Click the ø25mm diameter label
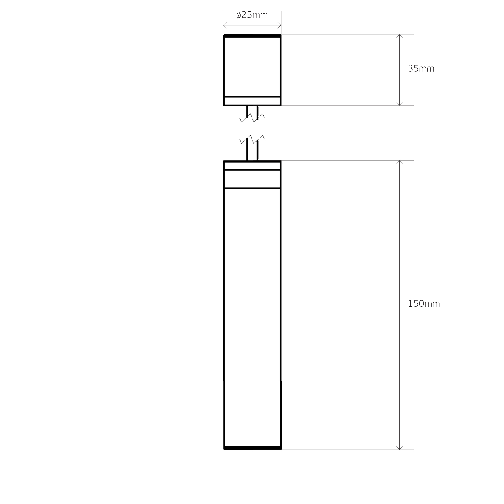click(252, 15)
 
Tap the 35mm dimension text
click(421, 69)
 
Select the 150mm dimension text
click(424, 304)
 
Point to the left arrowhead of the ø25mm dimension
click(225, 25)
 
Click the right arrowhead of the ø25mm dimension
click(279, 25)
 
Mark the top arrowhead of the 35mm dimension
click(399, 36)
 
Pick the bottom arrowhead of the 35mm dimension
click(399, 104)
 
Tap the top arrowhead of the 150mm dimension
click(399, 162)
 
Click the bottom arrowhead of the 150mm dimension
click(399, 448)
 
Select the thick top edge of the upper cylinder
click(252, 36)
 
